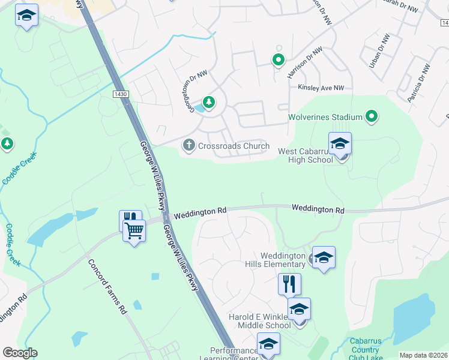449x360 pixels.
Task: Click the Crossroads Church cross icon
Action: [188, 145]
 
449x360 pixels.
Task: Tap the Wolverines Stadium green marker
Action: [372, 116]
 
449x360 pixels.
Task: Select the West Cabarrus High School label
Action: [305, 155]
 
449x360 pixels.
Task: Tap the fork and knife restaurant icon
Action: [289, 283]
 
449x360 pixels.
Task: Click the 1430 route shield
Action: [120, 95]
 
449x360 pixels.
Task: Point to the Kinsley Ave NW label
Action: [322, 88]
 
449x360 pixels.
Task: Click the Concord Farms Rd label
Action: [107, 286]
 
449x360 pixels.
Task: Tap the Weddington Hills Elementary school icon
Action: [324, 257]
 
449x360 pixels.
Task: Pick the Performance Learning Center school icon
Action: [268, 344]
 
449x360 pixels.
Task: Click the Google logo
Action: [20, 353]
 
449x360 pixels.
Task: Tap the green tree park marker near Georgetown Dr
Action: [208, 103]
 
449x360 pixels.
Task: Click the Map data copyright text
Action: [424, 355]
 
